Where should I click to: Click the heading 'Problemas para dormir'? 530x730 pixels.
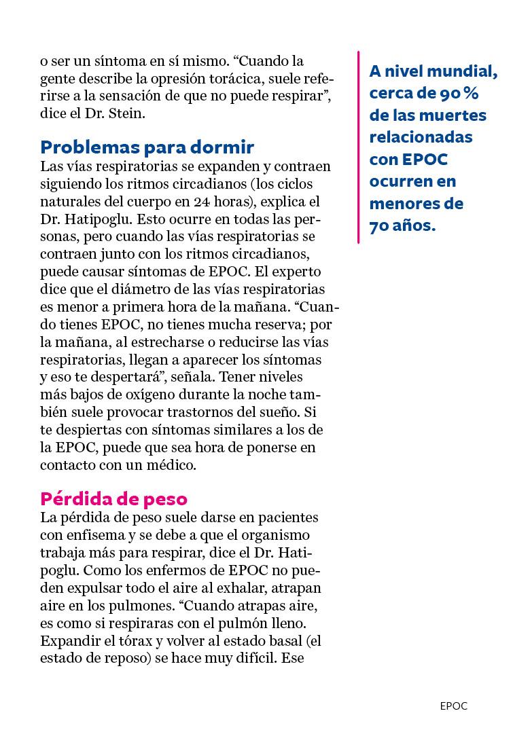pyautogui.click(x=147, y=147)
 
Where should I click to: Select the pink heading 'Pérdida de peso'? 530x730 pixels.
pyautogui.click(x=113, y=498)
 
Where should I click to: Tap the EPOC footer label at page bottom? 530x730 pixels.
pyautogui.click(x=453, y=706)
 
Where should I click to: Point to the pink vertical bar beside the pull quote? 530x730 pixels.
pyautogui.click(x=358, y=147)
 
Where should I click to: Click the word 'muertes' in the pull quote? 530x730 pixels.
pyautogui.click(x=455, y=115)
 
